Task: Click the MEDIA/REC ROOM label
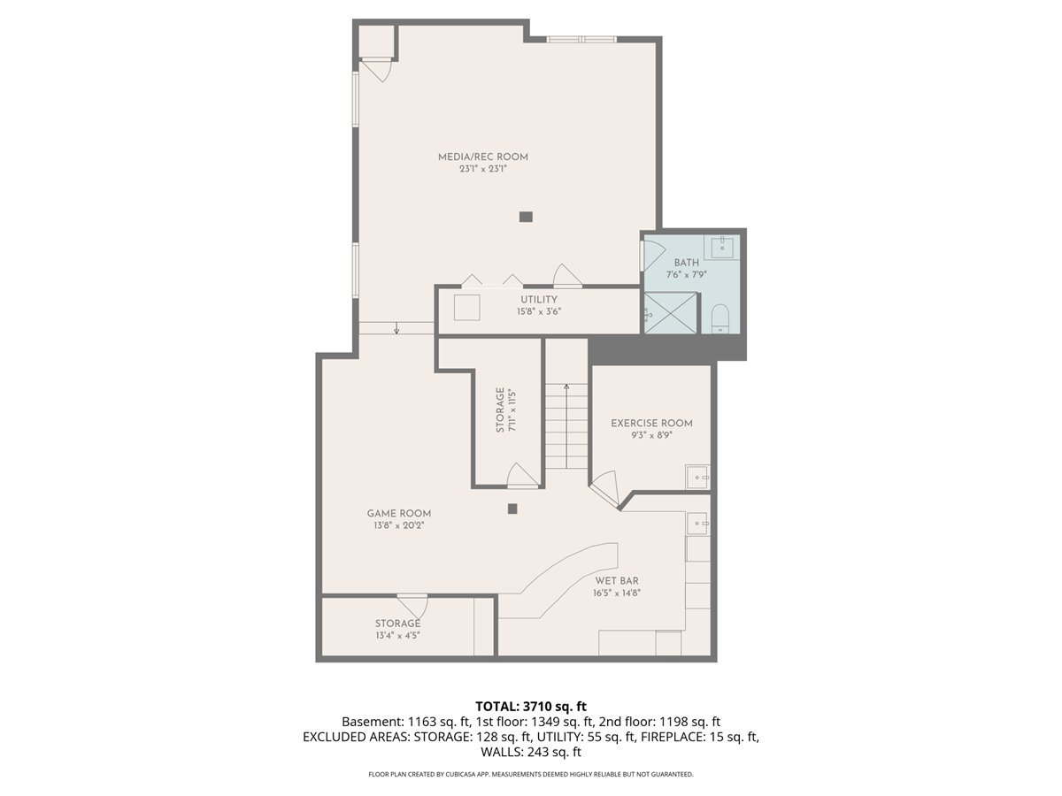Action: point(483,157)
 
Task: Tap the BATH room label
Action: point(687,263)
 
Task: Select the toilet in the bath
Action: point(720,317)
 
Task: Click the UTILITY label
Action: point(539,300)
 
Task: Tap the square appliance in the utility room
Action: point(467,308)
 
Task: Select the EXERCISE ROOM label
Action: point(651,423)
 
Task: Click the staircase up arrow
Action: point(566,389)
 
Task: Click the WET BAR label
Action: point(617,580)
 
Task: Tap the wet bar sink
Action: point(699,524)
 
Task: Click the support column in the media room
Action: point(527,216)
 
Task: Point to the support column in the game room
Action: point(512,509)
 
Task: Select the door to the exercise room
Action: point(605,487)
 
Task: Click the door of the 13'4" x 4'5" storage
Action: point(412,607)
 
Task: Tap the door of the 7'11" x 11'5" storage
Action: point(521,478)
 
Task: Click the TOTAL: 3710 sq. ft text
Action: point(531,706)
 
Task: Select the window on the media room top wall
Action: point(581,39)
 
